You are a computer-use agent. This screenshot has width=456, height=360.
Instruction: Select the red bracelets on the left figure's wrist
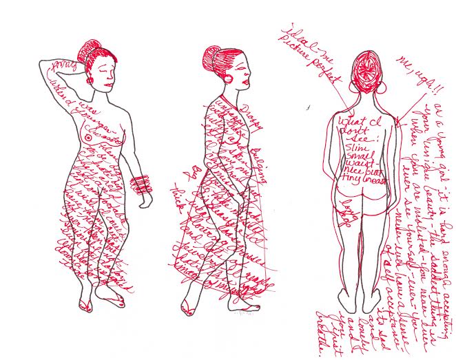(141, 184)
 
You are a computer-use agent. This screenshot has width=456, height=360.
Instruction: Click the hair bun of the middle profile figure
(212, 56)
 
